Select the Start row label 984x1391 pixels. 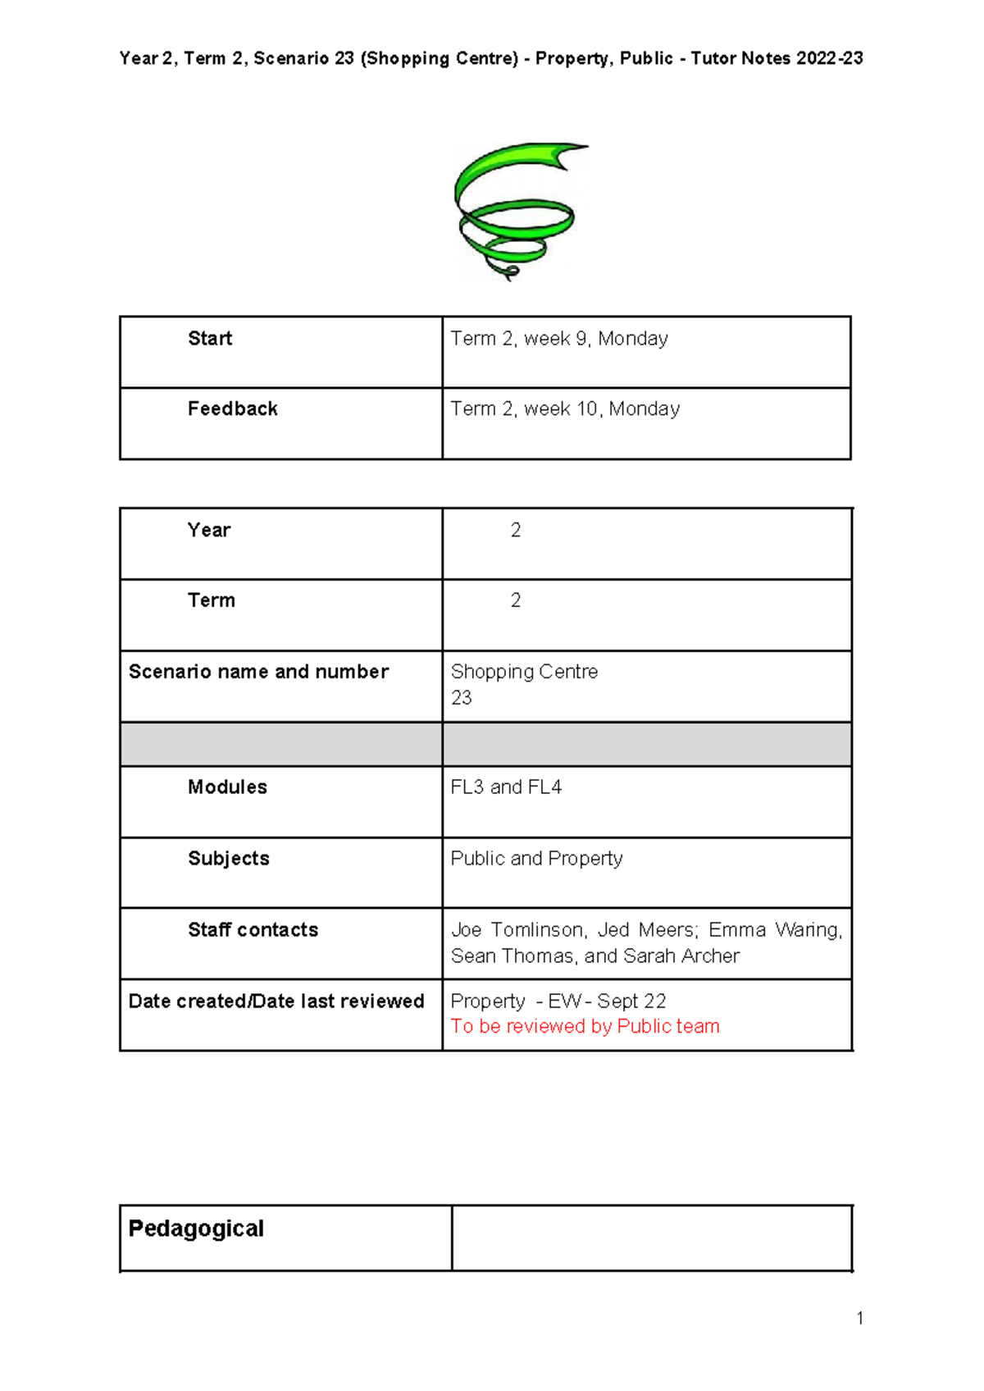click(x=210, y=339)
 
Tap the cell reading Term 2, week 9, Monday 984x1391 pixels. click(x=559, y=339)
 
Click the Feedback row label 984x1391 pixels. click(x=233, y=408)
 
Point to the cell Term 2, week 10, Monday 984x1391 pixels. click(x=565, y=408)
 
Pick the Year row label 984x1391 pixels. click(x=209, y=530)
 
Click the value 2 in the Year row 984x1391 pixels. click(x=516, y=530)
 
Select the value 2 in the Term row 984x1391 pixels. click(x=516, y=600)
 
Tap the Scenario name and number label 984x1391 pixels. click(x=258, y=672)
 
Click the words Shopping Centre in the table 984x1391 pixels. click(x=524, y=672)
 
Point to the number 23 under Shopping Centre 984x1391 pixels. click(x=462, y=698)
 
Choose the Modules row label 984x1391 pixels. click(x=227, y=787)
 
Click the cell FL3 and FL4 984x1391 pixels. click(x=506, y=787)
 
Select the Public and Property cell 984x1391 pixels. click(x=536, y=859)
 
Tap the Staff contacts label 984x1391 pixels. click(x=253, y=930)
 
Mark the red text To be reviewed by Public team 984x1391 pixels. click(x=585, y=1027)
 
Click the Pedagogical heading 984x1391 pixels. click(x=196, y=1229)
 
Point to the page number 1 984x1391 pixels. click(x=859, y=1318)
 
